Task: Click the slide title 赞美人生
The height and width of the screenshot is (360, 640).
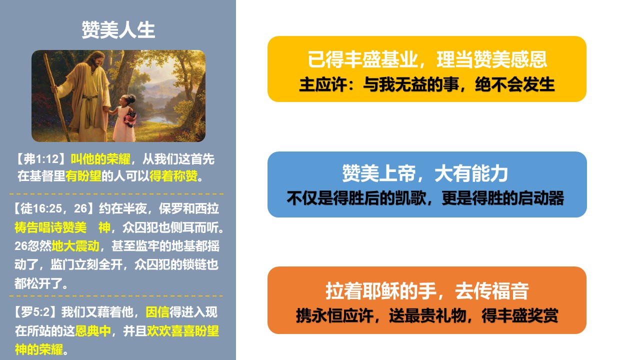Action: click(118, 30)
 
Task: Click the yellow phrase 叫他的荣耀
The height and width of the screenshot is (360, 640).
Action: click(100, 159)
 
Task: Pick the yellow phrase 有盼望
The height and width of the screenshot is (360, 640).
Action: click(83, 176)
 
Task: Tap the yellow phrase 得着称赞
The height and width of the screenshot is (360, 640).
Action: click(173, 176)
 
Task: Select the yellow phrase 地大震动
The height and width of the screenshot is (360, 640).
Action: click(75, 246)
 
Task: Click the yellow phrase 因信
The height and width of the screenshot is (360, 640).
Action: click(157, 312)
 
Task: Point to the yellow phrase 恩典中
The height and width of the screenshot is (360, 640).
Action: click(93, 331)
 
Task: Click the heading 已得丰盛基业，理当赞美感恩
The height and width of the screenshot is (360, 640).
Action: click(427, 59)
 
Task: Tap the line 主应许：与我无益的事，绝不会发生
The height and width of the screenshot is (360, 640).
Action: click(427, 84)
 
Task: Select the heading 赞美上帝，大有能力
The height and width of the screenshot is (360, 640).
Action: click(425, 173)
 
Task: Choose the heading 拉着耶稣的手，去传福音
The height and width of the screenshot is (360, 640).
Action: click(427, 291)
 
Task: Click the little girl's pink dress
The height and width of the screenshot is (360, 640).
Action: click(123, 125)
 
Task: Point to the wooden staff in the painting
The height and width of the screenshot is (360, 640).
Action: click(56, 96)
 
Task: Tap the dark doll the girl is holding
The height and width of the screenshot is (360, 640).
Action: click(131, 117)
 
